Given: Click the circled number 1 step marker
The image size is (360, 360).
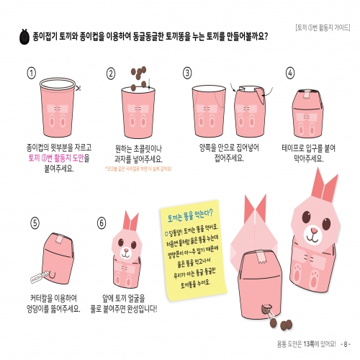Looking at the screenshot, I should pos(31,73).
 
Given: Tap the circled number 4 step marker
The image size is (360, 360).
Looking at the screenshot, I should pos(291,73).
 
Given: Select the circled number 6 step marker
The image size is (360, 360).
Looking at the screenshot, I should pos(102,223).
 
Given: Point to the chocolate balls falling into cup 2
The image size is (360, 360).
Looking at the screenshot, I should pos(136,74).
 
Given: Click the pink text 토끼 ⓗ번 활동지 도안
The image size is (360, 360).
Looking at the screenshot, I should pos(58,157).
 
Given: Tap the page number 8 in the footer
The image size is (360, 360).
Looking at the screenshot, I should pos(346,343).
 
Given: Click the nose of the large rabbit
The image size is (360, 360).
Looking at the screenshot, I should pos(313,232).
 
